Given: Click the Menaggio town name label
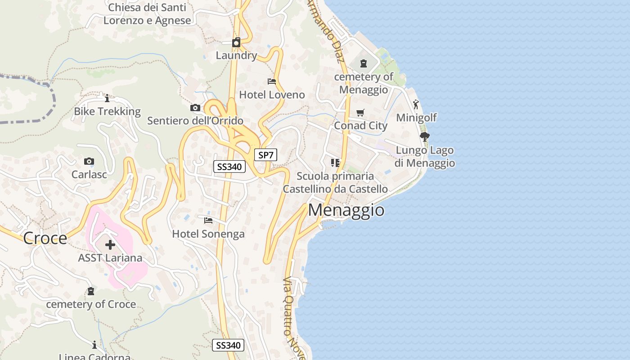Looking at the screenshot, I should [x=346, y=210].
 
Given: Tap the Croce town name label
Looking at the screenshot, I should [x=45, y=238].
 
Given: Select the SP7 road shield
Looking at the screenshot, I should [x=265, y=155].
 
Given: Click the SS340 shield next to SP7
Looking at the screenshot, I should [x=229, y=167].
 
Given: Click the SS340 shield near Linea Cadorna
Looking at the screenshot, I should [x=228, y=345].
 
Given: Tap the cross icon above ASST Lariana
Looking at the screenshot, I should [x=110, y=245].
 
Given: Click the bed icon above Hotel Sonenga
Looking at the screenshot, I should [x=208, y=220].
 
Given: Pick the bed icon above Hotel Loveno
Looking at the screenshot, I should [x=272, y=81].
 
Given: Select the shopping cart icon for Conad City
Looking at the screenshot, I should [x=360, y=112].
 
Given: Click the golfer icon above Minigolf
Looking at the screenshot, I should [x=416, y=104].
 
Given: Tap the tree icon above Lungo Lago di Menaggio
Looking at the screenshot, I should [x=424, y=136].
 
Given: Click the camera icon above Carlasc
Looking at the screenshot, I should [x=89, y=161].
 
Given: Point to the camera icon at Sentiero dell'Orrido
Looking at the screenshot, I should [x=195, y=108].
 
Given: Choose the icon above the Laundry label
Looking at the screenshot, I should [x=236, y=42].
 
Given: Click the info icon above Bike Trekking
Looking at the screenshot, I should [x=107, y=98].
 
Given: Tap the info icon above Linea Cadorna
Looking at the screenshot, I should [x=94, y=345].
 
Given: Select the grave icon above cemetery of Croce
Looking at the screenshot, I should [x=91, y=291].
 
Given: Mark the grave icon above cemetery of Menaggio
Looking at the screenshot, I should [x=364, y=63].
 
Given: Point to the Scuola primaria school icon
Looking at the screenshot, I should [x=335, y=162].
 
